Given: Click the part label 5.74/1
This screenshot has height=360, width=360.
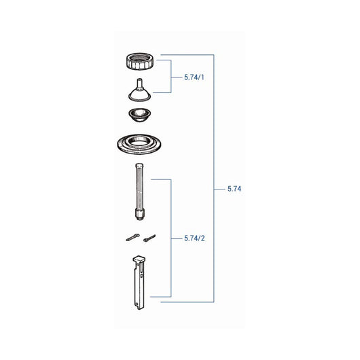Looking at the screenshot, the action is (x=194, y=77).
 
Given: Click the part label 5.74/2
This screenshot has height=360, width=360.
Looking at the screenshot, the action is (x=194, y=238).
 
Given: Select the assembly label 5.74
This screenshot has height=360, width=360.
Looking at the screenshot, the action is (x=234, y=189).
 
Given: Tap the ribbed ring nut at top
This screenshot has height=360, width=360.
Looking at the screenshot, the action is (x=140, y=61).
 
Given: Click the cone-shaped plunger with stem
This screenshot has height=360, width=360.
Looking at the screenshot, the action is (x=139, y=91).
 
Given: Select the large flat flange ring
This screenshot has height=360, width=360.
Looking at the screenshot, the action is (x=139, y=144).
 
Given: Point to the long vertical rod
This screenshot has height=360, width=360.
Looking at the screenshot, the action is (x=139, y=192).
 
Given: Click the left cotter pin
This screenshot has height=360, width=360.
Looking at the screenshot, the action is (x=132, y=237).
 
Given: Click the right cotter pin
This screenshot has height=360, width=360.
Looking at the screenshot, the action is (x=149, y=238).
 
